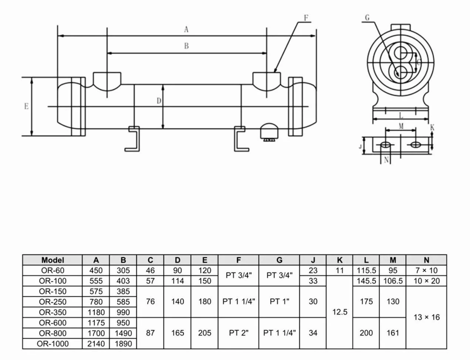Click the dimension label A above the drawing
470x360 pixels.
tap(186, 30)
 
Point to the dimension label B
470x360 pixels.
tap(186, 46)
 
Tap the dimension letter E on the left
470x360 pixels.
tap(26, 107)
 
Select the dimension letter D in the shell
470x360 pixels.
tap(159, 101)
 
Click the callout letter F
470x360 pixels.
tap(306, 18)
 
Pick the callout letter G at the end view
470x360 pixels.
tap(367, 18)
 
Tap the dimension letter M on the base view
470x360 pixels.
tap(401, 126)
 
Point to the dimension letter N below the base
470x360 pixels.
tap(386, 160)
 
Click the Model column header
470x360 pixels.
tap(53, 260)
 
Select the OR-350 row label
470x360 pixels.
tap(53, 312)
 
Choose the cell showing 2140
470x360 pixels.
tap(96, 344)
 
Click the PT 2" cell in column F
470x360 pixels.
tap(239, 333)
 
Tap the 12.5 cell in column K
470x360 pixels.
tap(339, 312)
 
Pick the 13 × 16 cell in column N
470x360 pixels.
tap(426, 317)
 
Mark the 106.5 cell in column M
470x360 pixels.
tap(393, 281)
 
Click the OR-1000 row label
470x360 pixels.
tap(53, 344)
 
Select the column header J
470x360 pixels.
tap(313, 260)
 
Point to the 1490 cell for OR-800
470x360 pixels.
tap(123, 333)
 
